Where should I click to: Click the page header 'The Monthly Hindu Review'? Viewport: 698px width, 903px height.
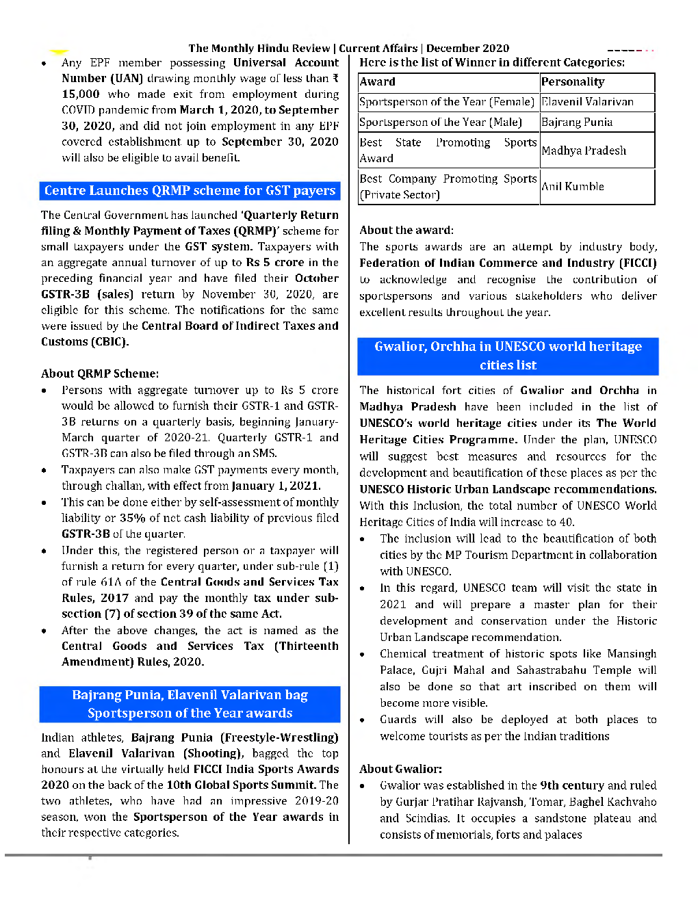pos(259,48)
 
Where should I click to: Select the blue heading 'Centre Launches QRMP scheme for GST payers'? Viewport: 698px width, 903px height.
pos(190,190)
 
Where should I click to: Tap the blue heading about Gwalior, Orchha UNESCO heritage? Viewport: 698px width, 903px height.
pos(508,356)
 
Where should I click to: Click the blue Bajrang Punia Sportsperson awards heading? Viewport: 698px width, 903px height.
pos(190,704)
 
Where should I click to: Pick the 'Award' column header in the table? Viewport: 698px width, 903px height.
pos(378,82)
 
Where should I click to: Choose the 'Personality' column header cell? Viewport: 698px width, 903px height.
pos(573,82)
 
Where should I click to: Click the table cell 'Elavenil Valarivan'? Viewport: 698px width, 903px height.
pos(587,102)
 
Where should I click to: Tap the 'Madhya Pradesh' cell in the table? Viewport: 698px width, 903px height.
pos(584,150)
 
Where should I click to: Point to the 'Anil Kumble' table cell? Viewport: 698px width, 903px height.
pos(573,186)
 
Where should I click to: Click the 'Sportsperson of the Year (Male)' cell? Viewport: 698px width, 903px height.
pos(441,122)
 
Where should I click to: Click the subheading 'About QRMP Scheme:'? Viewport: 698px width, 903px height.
pos(100,374)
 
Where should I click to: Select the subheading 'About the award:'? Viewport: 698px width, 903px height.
pos(406,230)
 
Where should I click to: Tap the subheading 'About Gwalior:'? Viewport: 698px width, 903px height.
pos(401,769)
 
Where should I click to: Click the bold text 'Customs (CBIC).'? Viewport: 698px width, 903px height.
pos(85,341)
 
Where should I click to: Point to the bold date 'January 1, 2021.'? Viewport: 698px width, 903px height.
pos(276,486)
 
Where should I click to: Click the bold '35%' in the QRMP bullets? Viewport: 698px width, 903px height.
pos(131,518)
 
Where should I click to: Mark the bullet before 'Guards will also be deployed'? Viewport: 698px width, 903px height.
pos(363,720)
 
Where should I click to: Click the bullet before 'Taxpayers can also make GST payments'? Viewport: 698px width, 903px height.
pos(44,471)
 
